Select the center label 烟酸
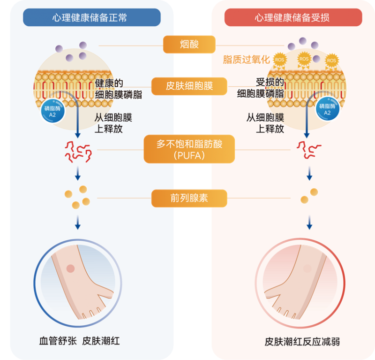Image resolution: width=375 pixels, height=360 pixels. (x=189, y=45)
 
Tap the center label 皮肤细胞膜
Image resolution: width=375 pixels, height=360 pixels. (x=189, y=86)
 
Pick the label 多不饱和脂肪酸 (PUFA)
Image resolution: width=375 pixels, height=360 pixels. (x=189, y=149)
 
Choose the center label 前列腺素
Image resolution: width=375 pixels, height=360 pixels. (x=189, y=198)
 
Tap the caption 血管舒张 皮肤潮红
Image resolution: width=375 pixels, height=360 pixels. (x=79, y=341)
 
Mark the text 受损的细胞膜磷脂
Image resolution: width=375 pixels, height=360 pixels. (x=261, y=88)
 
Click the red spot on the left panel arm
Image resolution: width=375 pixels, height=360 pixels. (x=70, y=268)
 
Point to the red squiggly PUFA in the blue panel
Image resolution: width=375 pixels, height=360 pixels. (x=77, y=150)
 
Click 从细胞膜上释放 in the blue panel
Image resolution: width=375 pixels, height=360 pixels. (x=113, y=123)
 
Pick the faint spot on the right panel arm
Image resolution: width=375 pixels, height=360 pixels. (x=307, y=268)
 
